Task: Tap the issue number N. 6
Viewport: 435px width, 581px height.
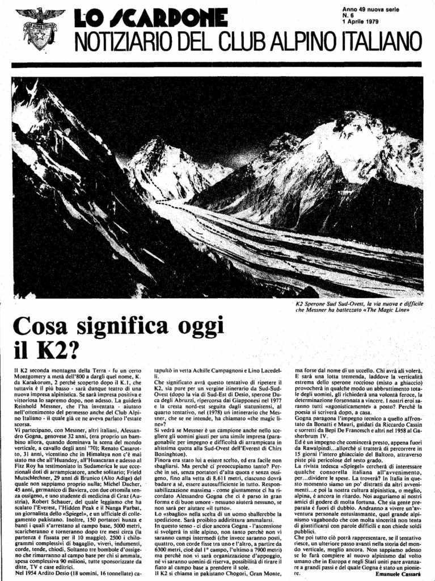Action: pyautogui.click(x=348, y=15)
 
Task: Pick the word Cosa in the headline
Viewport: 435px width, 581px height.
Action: pyautogui.click(x=44, y=328)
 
